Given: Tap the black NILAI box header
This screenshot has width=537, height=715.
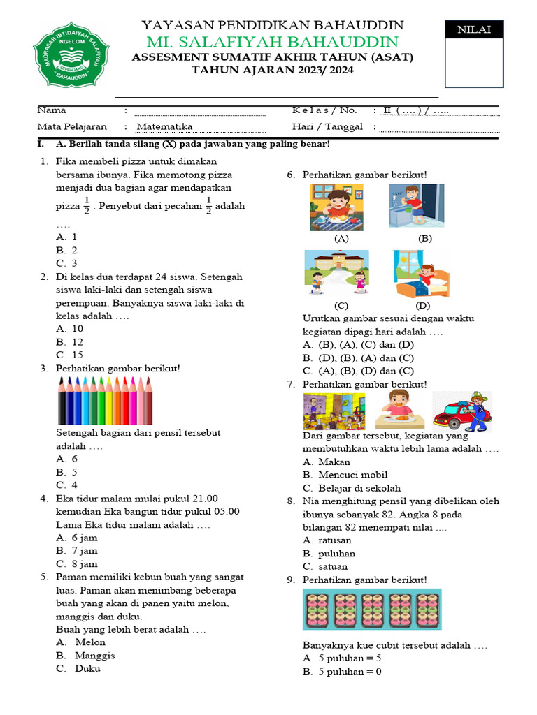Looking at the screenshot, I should click(473, 29).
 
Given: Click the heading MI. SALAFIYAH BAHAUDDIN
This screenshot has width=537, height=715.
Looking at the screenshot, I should click(272, 42).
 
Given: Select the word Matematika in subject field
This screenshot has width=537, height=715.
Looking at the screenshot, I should click(164, 126).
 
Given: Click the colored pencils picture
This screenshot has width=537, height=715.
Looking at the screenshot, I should click(104, 400).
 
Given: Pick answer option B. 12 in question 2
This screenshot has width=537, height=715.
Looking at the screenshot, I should click(70, 342).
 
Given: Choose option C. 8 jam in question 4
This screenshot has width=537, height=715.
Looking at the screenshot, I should click(77, 563).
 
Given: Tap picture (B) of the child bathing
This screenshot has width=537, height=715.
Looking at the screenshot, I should click(417, 205).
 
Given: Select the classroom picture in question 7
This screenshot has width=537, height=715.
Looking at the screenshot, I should click(334, 411).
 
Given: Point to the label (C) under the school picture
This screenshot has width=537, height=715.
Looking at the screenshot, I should click(341, 305).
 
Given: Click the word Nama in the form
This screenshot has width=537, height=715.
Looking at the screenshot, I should click(52, 110).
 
